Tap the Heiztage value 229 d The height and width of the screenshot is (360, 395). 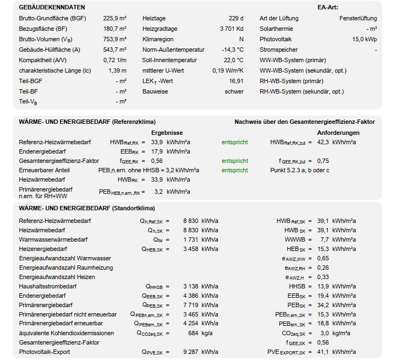click(x=237, y=18)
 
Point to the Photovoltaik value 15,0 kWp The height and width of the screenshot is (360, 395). click(x=364, y=39)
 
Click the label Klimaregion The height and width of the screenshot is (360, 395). click(x=158, y=39)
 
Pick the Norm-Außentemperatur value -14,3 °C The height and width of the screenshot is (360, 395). click(x=232, y=50)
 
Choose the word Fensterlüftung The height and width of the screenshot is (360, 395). click(x=358, y=18)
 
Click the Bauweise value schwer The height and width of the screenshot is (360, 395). click(x=234, y=91)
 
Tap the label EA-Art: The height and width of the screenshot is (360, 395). click(x=328, y=8)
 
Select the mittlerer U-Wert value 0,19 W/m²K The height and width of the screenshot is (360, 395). click(x=228, y=70)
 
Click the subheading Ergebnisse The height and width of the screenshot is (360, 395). click(x=167, y=133)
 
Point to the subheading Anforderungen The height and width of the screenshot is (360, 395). click(x=338, y=133)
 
